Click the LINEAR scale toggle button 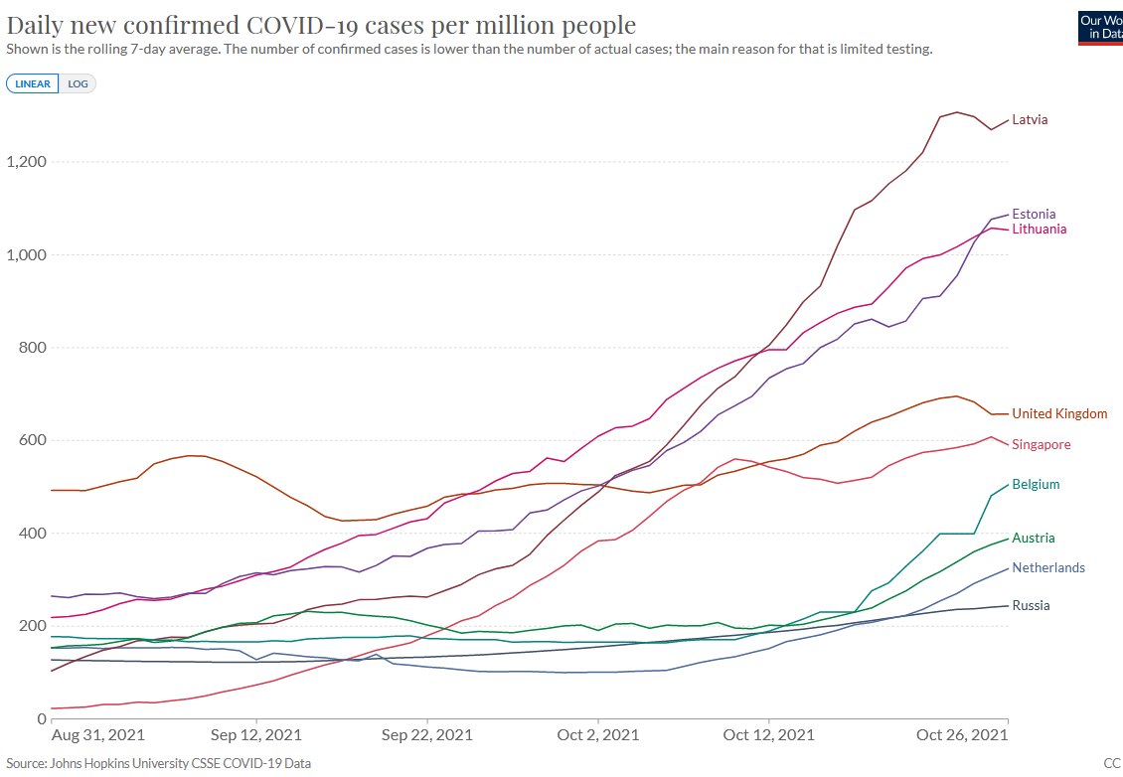tap(34, 84)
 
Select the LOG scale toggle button tap(79, 84)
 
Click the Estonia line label tap(1034, 214)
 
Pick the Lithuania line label tap(1040, 230)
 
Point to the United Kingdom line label tap(1059, 414)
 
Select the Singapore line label tap(1042, 445)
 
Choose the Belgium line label tap(1036, 485)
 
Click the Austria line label tap(1034, 539)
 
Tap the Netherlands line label tap(1048, 568)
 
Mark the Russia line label tap(1032, 606)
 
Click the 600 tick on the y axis tap(34, 440)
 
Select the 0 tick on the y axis tap(43, 718)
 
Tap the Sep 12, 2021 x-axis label tap(256, 735)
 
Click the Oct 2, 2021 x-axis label tap(597, 735)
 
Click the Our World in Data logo tap(1100, 27)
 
